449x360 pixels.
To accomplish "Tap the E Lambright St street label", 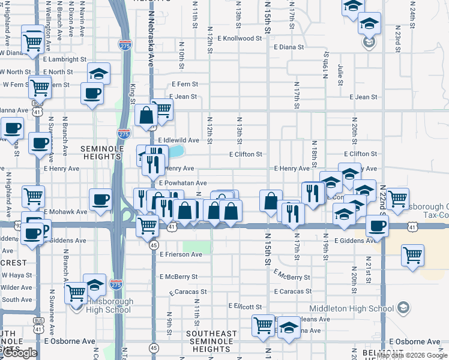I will tap(69, 59).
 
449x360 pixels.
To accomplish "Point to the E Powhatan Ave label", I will tap(182, 183).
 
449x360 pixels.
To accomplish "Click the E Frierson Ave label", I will tap(181, 254).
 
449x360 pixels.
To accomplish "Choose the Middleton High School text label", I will tap(361, 309).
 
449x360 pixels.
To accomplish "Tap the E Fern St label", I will tap(184, 85).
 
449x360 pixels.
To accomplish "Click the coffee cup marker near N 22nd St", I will tap(377, 226).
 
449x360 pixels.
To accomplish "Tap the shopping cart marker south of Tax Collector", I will tap(413, 255).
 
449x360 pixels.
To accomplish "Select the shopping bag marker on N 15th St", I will tap(271, 200).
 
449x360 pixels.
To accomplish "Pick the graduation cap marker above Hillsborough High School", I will tap(95, 284).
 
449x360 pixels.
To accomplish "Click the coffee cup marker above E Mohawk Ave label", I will tap(100, 199).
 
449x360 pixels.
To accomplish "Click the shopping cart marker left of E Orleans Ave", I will tap(263, 325).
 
